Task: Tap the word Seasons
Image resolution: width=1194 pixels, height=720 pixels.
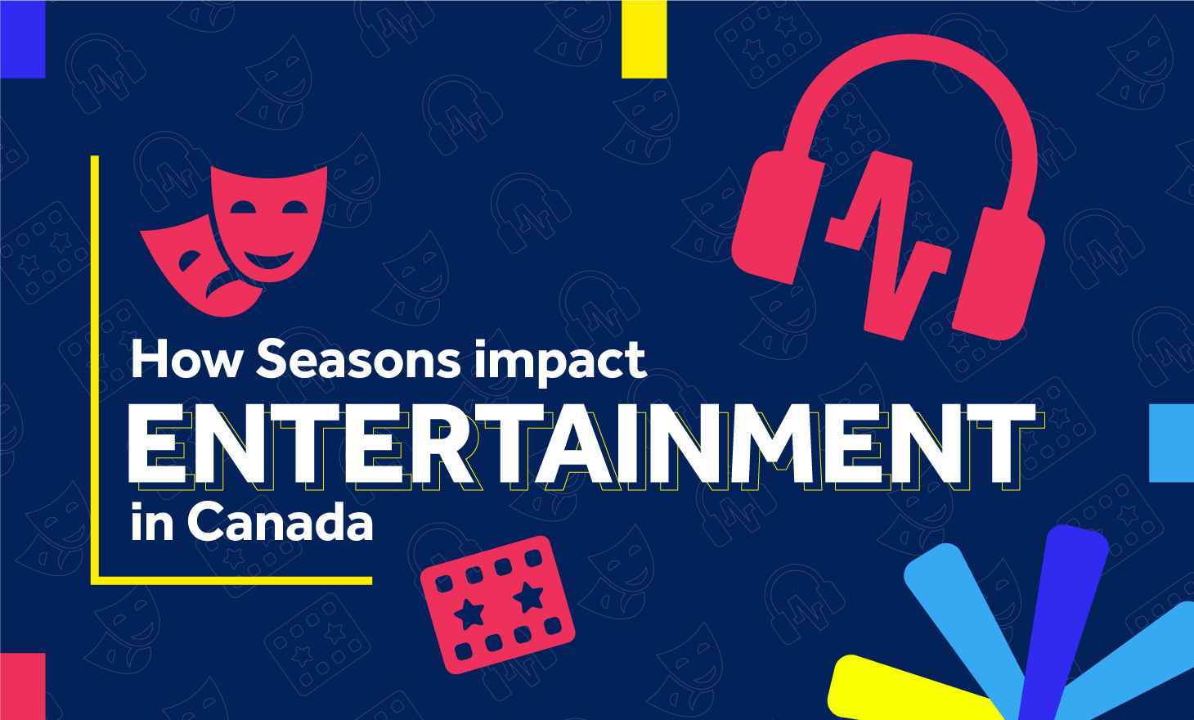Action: [358, 359]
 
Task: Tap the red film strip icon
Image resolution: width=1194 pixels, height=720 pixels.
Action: [497, 605]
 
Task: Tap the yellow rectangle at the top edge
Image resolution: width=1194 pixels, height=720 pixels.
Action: [644, 39]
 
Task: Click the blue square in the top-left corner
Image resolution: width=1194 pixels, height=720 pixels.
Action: [22, 39]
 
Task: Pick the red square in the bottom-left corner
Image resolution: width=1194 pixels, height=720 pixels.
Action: [22, 686]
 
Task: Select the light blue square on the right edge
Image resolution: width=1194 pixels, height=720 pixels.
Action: [1172, 443]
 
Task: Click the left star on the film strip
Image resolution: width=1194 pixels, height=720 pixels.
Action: [469, 614]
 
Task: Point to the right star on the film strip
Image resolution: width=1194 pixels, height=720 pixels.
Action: [529, 597]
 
